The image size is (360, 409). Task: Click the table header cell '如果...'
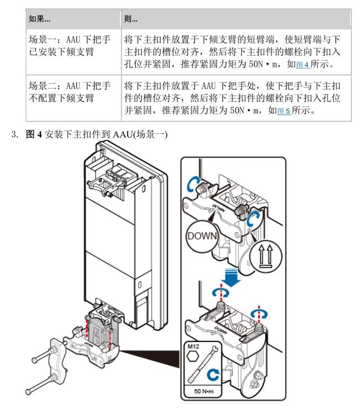pos(39,19)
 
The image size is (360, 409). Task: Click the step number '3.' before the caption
pos(15,136)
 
